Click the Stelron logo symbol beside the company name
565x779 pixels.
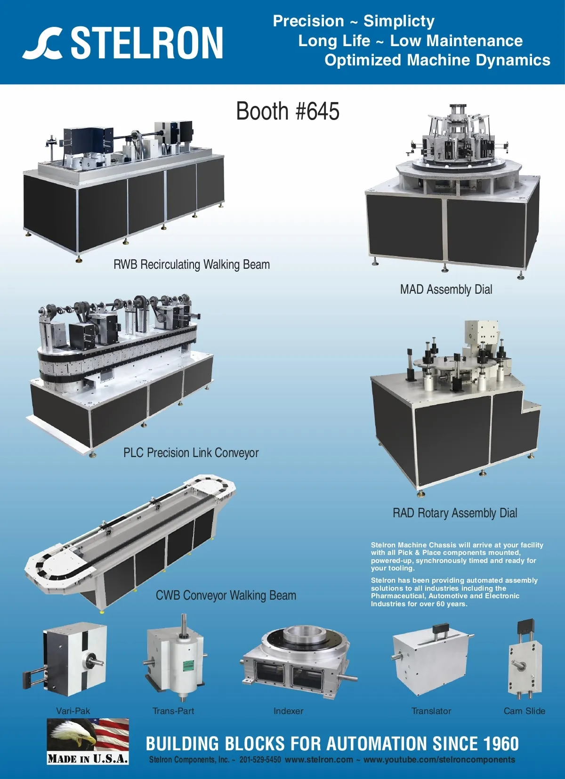pyautogui.click(x=43, y=43)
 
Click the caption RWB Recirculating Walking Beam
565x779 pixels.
pyautogui.click(x=192, y=265)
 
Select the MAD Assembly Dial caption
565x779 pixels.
pyautogui.click(x=446, y=289)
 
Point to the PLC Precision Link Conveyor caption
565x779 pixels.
pyautogui.click(x=191, y=453)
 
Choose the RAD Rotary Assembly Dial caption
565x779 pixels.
pyautogui.click(x=455, y=513)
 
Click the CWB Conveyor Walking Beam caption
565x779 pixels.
pyautogui.click(x=226, y=595)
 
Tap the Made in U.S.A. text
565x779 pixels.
pyautogui.click(x=88, y=758)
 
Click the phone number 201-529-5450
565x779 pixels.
pyautogui.click(x=260, y=759)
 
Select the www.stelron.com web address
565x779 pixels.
pyautogui.click(x=319, y=759)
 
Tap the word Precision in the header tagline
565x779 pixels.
pyautogui.click(x=308, y=21)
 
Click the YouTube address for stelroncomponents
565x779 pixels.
pyautogui.click(x=439, y=760)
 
